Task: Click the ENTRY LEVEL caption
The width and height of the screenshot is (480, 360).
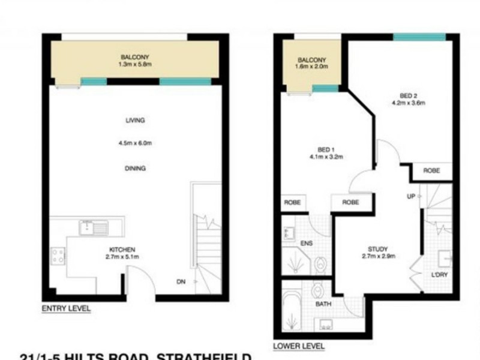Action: pos(66,309)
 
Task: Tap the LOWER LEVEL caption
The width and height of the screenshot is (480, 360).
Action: pos(299,346)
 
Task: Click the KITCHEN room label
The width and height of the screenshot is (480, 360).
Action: pos(122,250)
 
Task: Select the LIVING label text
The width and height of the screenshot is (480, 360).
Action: pos(135,121)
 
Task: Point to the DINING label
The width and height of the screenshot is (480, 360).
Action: pos(135,169)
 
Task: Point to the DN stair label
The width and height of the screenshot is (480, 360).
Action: pos(182,281)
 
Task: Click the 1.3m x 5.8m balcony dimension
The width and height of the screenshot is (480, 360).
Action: pos(135,65)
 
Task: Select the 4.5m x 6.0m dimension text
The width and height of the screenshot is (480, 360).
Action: pos(135,143)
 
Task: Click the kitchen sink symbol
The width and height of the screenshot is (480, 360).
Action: pos(95,227)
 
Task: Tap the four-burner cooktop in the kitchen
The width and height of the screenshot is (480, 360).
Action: pos(58,257)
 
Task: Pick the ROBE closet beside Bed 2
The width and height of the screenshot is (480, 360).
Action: pos(431,171)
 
